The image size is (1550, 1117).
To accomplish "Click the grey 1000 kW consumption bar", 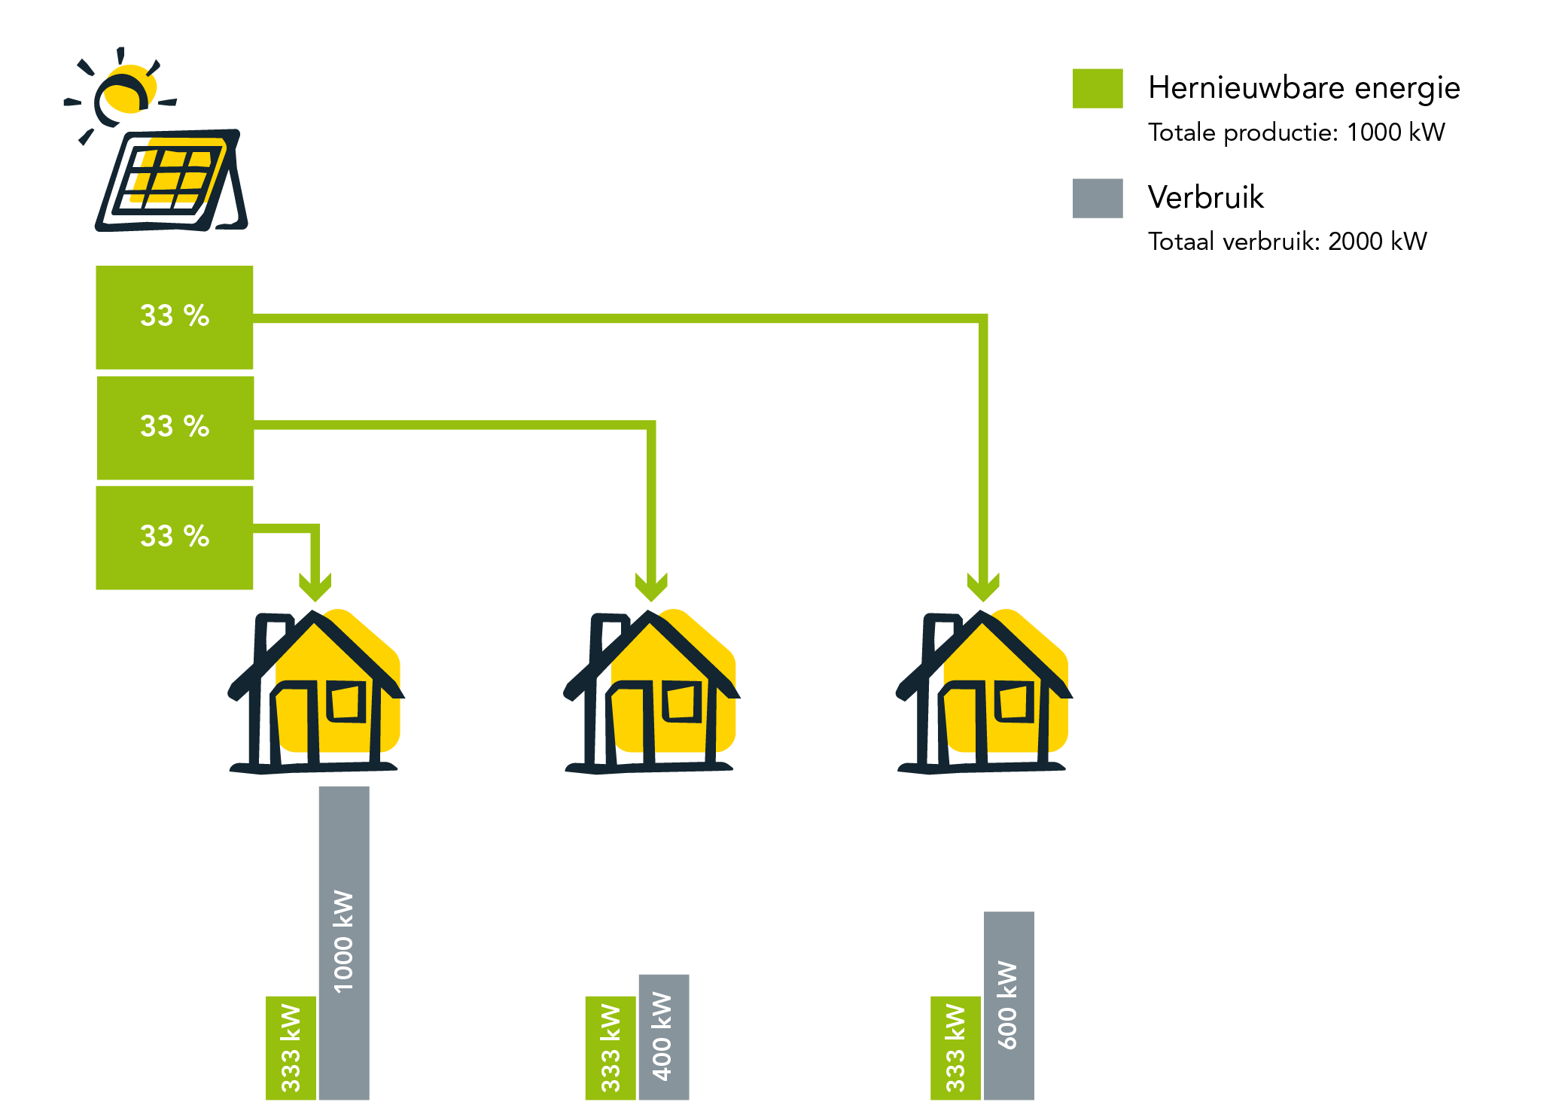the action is (x=344, y=942).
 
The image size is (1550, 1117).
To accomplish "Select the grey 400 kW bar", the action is (x=664, y=1037).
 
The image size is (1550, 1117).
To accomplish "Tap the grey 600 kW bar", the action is (x=1009, y=1006).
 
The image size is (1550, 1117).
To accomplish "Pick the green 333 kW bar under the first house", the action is (x=291, y=1048).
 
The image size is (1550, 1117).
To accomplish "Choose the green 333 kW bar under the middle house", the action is (x=611, y=1048).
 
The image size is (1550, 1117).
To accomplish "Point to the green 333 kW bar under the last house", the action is (x=955, y=1048).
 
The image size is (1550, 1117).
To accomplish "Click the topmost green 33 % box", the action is (x=175, y=318).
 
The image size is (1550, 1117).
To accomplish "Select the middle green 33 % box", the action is (x=175, y=428).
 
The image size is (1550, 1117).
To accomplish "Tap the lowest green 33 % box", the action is (x=175, y=537).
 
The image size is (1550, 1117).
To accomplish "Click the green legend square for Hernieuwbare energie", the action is (x=1098, y=89).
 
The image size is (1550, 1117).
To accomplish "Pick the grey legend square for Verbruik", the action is (x=1098, y=198).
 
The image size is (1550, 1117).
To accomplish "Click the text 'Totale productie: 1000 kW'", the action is (x=1296, y=132).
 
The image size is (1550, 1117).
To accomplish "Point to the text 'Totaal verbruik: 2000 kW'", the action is (x=1287, y=242).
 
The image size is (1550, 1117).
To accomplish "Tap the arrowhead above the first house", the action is (x=315, y=586).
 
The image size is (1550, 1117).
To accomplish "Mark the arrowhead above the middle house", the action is (x=651, y=586).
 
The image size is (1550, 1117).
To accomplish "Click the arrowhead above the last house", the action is (x=983, y=586).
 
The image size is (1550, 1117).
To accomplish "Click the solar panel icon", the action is (x=172, y=181).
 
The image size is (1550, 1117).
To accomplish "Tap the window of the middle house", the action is (x=682, y=702).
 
